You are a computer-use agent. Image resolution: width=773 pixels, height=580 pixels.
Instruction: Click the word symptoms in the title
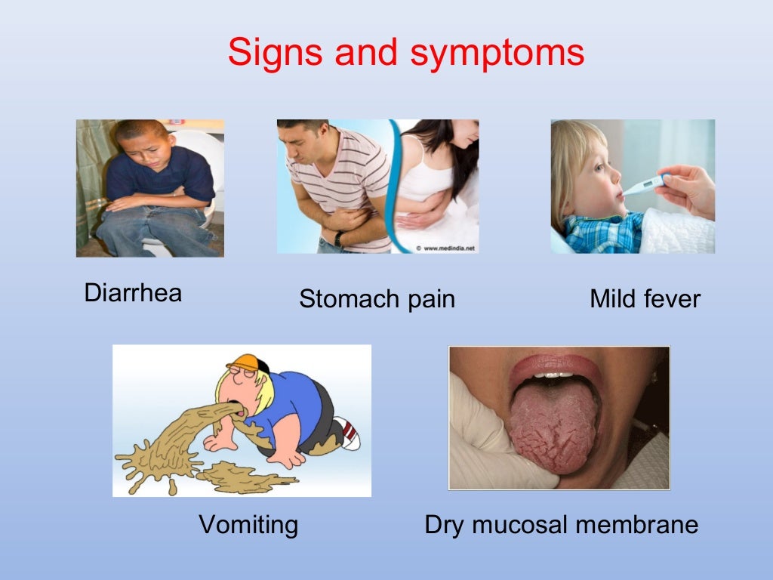tap(497, 54)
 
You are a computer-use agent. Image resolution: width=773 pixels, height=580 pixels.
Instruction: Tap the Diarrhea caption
tap(133, 293)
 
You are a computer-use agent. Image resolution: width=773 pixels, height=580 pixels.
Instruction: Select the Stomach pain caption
tap(377, 299)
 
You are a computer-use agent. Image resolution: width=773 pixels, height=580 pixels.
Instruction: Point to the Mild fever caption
tap(645, 299)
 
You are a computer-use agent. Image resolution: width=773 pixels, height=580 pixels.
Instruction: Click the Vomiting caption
tap(248, 524)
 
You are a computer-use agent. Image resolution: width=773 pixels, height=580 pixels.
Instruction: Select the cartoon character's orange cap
tap(246, 362)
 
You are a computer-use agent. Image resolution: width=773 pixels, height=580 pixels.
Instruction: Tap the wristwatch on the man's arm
tap(340, 239)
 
